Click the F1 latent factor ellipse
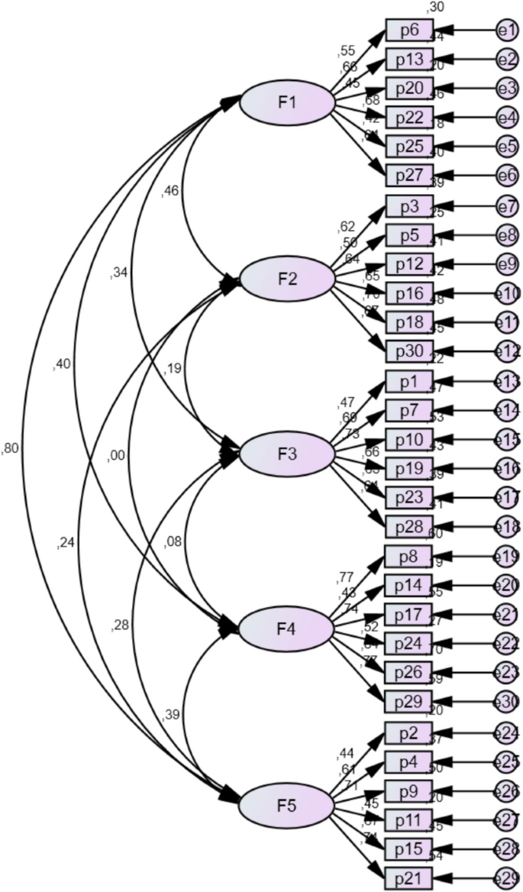click(x=287, y=103)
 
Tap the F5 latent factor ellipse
click(x=287, y=806)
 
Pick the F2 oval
click(x=287, y=279)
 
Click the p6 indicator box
click(x=409, y=31)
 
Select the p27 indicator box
click(x=409, y=176)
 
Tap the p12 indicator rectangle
click(x=409, y=264)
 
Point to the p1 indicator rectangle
click(x=409, y=381)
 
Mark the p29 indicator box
click(x=409, y=701)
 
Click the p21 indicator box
click(x=409, y=877)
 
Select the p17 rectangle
click(x=409, y=614)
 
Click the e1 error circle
click(x=506, y=31)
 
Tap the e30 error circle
click(x=506, y=701)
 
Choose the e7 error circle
click(x=506, y=206)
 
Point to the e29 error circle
click(x=506, y=877)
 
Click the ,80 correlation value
click(x=11, y=448)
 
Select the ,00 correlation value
click(x=116, y=456)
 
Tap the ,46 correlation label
click(x=170, y=192)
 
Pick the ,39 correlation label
click(x=170, y=714)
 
